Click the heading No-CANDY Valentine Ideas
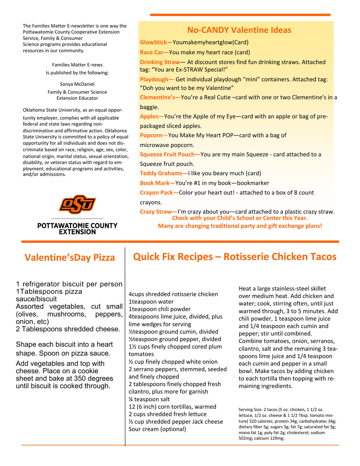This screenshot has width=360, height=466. [239, 30]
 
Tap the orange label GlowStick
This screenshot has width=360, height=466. [153, 43]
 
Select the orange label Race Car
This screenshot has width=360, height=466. [151, 53]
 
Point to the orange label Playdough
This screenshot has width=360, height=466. [154, 80]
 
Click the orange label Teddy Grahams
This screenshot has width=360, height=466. [161, 173]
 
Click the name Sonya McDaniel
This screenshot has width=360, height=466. [77, 84]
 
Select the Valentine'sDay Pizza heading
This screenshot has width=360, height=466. [70, 258]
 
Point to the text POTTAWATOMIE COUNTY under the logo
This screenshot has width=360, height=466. [77, 226]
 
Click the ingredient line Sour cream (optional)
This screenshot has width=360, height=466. [157, 429]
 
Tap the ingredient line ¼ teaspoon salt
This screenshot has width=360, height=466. [149, 399]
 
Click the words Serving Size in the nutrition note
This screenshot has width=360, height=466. [250, 409]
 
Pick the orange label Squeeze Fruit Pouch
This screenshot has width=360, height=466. [167, 155]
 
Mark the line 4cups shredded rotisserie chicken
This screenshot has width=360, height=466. [173, 294]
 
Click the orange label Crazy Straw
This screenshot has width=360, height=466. [156, 212]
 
